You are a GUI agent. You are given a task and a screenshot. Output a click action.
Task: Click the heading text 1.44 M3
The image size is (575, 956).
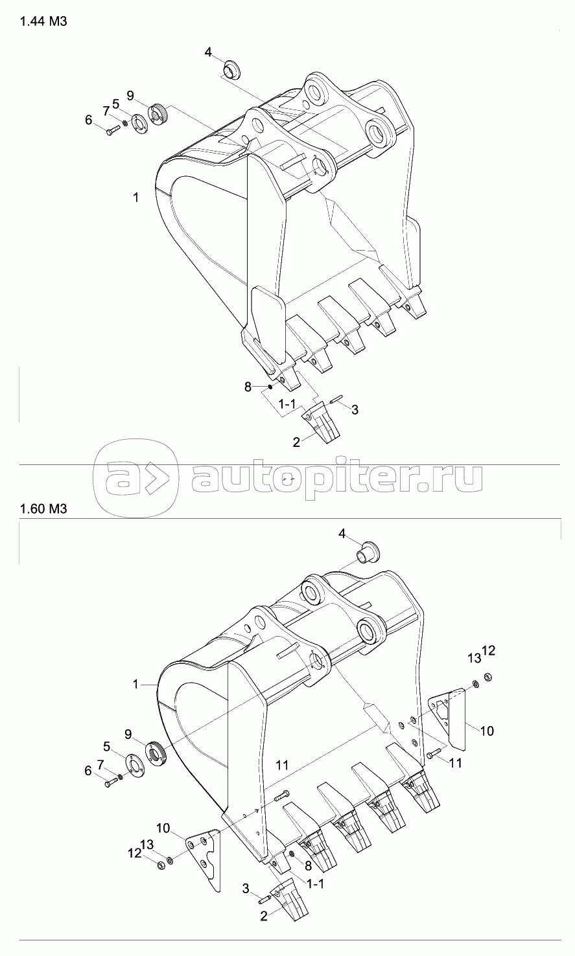coord(43,21)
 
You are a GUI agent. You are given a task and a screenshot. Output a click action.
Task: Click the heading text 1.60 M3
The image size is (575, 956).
coord(43,508)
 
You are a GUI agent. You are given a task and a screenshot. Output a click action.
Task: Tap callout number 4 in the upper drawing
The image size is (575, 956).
coord(208,52)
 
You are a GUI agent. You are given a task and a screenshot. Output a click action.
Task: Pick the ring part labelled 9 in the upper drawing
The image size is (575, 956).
coord(158,115)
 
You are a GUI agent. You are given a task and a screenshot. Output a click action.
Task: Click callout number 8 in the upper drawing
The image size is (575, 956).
coord(247,387)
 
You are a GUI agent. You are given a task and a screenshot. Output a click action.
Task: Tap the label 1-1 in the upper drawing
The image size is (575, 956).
coord(288,405)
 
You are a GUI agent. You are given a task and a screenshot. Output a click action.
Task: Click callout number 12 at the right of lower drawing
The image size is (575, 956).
coord(488,651)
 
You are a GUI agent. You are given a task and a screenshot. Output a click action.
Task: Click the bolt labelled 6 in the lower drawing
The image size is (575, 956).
coord(110,784)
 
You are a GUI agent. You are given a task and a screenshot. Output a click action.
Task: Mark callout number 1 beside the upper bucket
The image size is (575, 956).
coord(135,198)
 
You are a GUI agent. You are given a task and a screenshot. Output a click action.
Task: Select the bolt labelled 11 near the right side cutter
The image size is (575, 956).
coord(434,754)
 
